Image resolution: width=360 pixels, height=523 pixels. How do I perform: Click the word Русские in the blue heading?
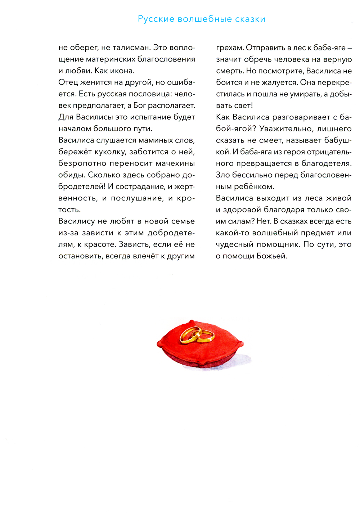(x=156, y=19)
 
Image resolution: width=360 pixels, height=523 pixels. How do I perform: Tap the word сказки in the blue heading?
(x=250, y=19)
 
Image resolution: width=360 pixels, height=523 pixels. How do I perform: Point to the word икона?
(x=122, y=71)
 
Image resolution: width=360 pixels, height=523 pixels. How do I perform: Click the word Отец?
(x=68, y=82)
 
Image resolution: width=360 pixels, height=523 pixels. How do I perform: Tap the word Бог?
(x=140, y=105)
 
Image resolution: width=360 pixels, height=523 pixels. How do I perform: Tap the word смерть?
(x=229, y=71)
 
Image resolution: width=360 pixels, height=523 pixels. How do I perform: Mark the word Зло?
(x=223, y=175)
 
